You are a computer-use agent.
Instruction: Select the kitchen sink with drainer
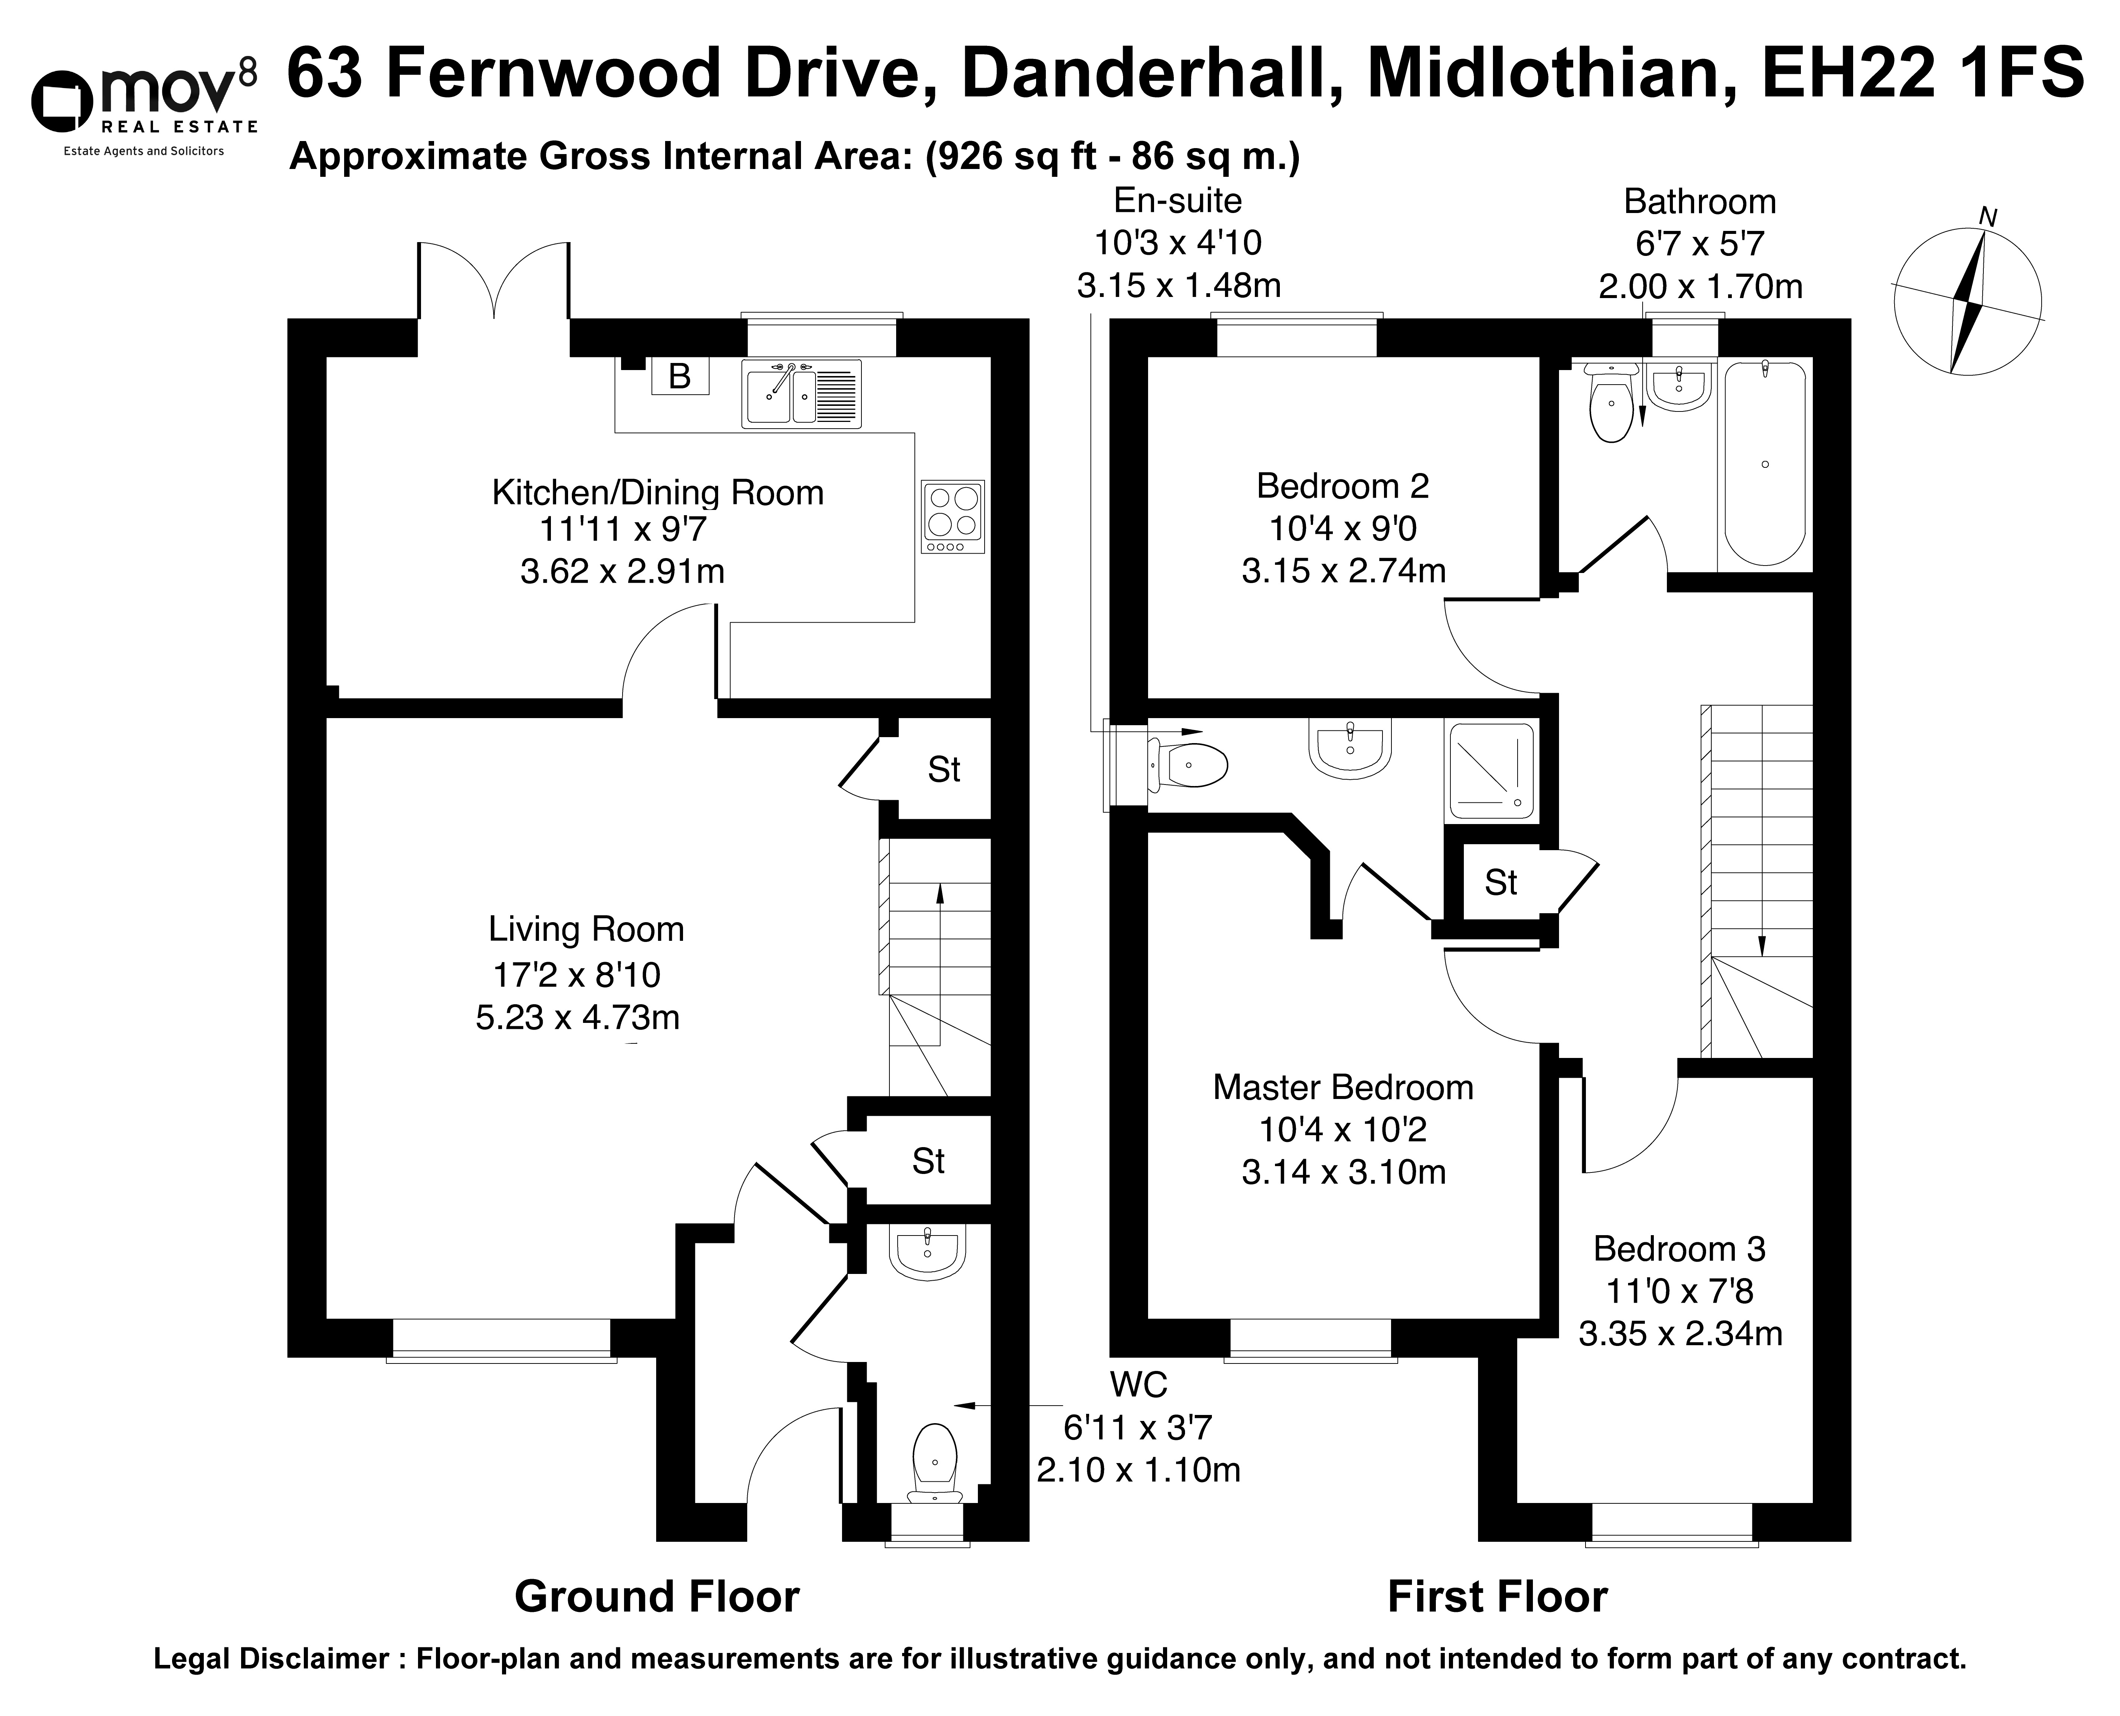click(802, 394)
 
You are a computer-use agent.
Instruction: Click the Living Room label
click(586, 929)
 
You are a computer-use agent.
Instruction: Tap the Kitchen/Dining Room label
click(658, 492)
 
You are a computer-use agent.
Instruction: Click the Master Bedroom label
click(1343, 1087)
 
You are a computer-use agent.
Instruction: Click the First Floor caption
click(1497, 1596)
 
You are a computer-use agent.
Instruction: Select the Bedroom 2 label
click(1343, 486)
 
